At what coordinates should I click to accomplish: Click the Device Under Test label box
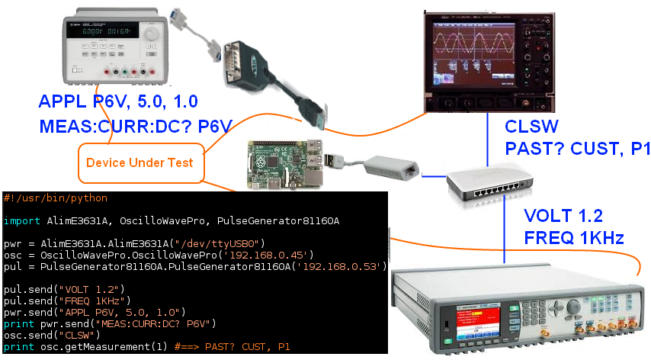[x=139, y=162]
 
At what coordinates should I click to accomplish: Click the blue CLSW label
[x=531, y=127]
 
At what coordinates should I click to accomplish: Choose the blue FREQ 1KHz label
[x=574, y=237]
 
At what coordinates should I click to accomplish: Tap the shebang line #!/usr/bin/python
[x=55, y=198]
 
